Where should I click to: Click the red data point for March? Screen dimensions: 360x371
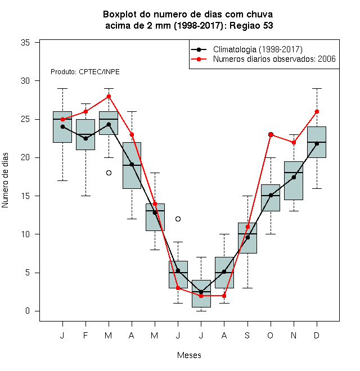click(109, 96)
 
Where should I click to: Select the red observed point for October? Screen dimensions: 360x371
click(271, 135)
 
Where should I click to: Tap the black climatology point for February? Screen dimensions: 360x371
click(85, 138)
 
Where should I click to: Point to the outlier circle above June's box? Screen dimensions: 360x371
click(178, 219)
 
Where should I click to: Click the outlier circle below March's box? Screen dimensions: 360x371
click(109, 173)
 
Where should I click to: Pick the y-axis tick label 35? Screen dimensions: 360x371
click(25, 43)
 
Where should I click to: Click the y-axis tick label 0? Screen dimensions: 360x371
click(28, 311)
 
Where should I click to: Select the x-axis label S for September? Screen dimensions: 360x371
click(247, 335)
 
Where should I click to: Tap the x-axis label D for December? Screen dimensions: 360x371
click(317, 335)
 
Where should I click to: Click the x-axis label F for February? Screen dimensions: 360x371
click(85, 335)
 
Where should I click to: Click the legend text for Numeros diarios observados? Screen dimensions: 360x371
click(274, 59)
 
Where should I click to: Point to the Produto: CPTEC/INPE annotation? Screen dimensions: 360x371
click(85, 72)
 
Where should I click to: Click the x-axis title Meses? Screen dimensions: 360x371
click(189, 355)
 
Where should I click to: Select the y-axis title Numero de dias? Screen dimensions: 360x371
click(5, 180)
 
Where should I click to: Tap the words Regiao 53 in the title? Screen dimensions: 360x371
click(251, 25)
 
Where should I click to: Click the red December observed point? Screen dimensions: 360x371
click(317, 111)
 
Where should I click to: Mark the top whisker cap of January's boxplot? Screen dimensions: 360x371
click(62, 88)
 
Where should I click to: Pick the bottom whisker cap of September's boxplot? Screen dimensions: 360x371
click(247, 288)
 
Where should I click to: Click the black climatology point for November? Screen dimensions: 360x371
click(294, 177)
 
